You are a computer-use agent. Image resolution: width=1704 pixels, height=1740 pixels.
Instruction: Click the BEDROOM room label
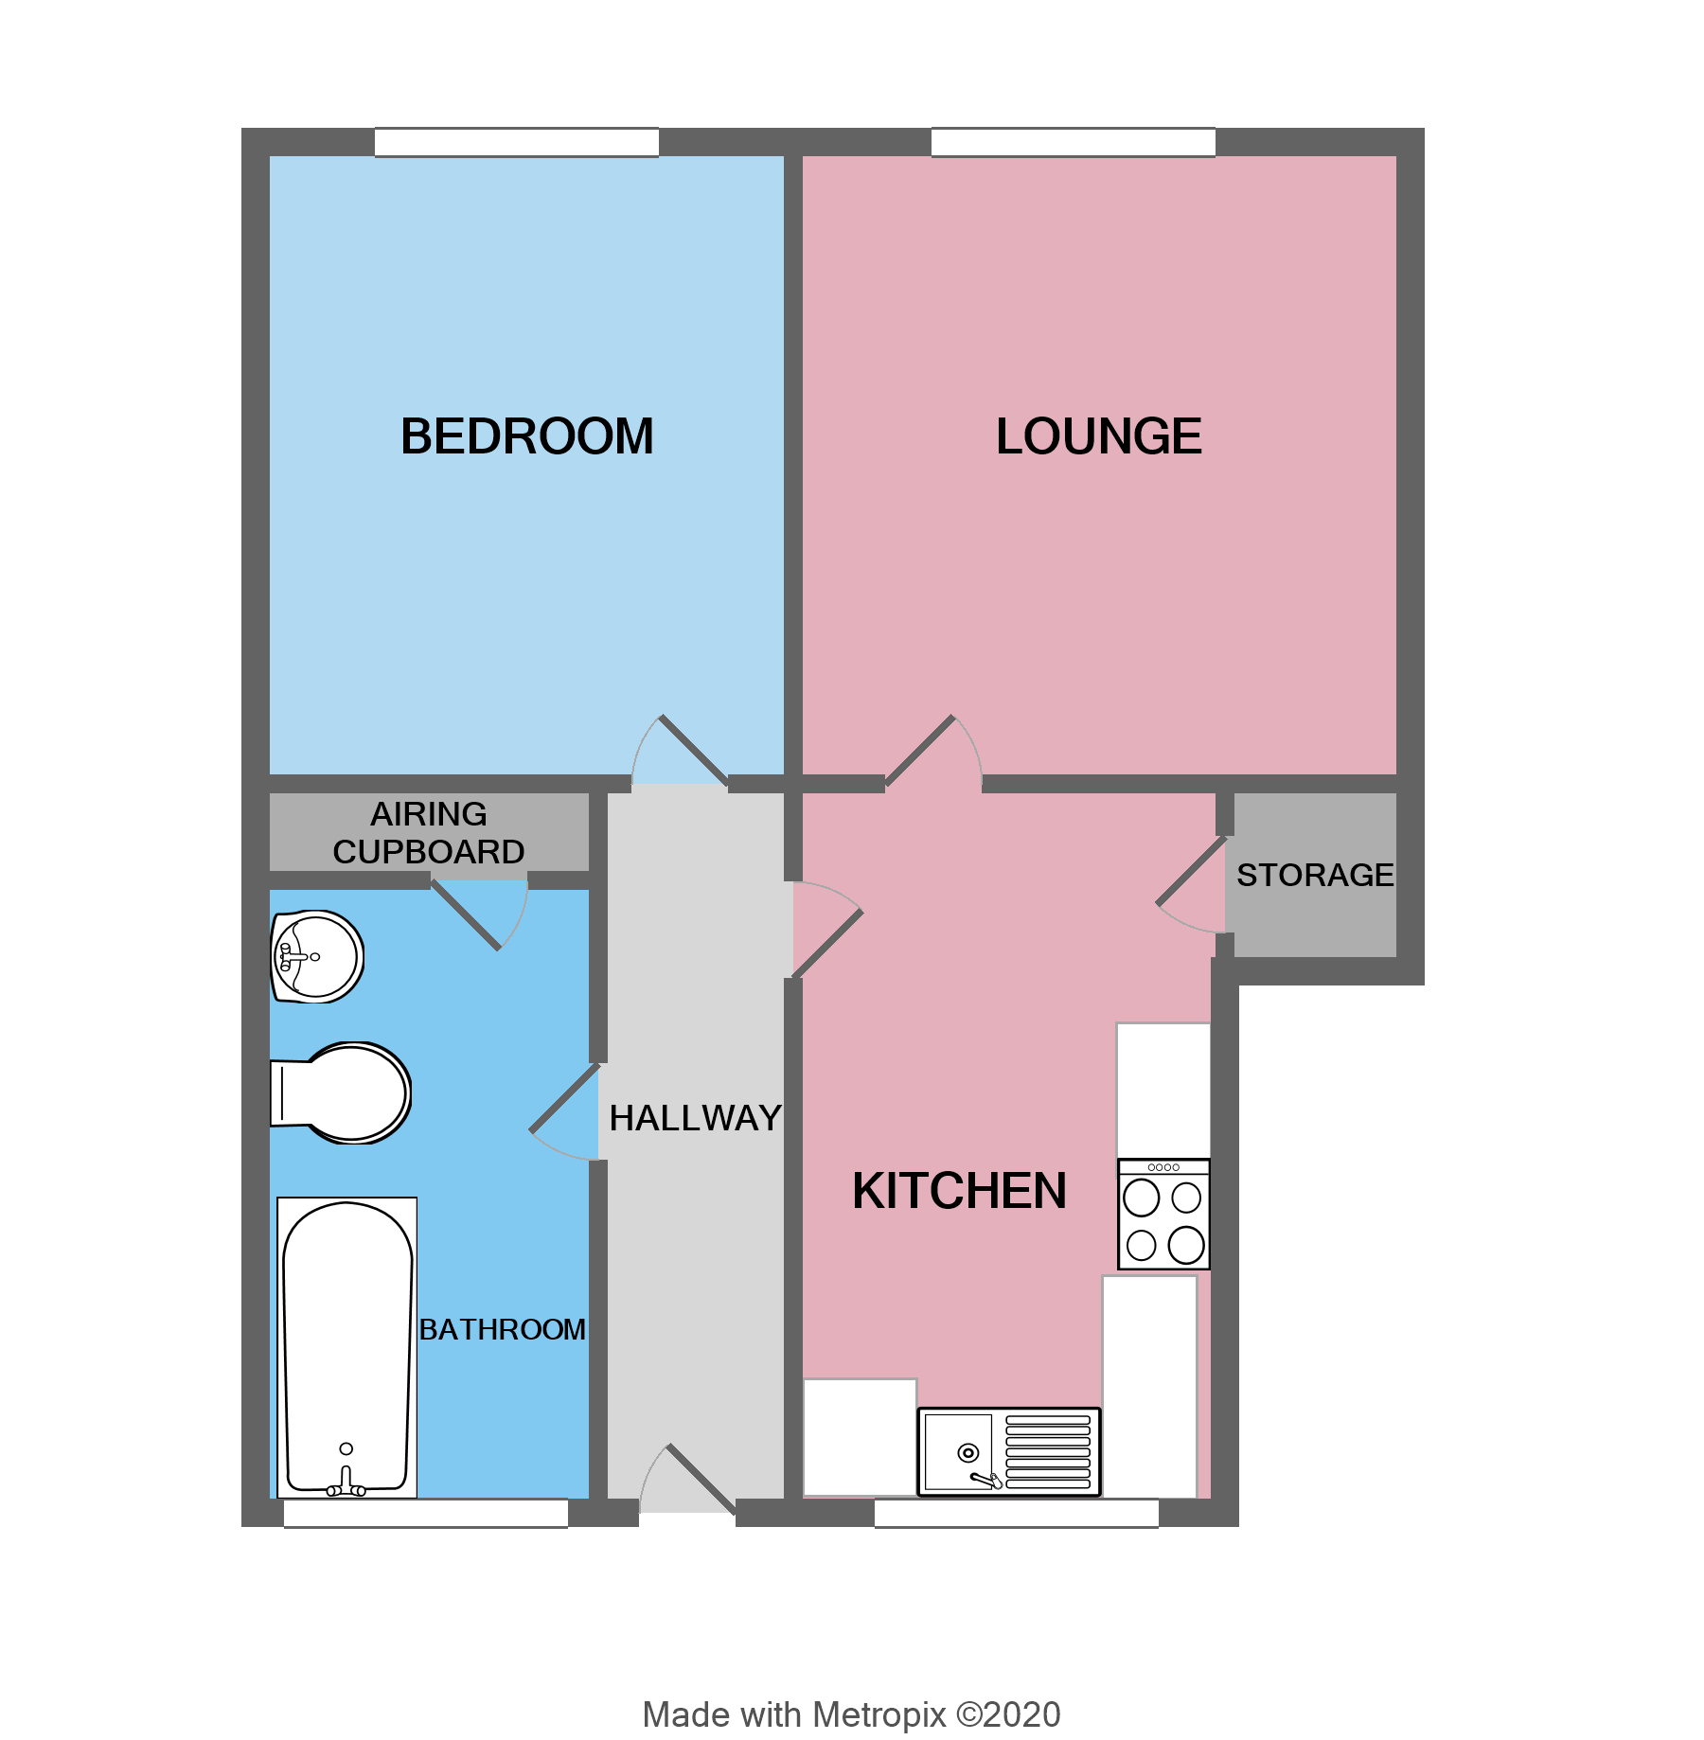pos(526,436)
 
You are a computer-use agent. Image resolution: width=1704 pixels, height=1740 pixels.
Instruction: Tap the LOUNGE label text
pos(1098,436)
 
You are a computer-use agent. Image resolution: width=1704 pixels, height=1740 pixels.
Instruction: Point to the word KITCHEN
pos(959,1190)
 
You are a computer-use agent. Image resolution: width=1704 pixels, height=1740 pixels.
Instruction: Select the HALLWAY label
pos(695,1118)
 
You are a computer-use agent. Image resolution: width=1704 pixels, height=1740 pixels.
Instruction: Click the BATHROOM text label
pos(502,1329)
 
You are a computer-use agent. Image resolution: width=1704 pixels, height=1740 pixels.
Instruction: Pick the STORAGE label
pos(1314,875)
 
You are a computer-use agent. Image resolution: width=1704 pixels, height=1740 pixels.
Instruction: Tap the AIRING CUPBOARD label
pos(429,833)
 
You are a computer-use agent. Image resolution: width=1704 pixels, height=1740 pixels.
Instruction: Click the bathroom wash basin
pos(316,956)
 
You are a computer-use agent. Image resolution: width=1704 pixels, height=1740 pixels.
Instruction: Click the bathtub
pos(347,1346)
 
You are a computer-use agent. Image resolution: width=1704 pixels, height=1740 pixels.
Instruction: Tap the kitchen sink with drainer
pos(1009,1451)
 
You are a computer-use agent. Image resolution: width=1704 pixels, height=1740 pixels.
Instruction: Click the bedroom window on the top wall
pos(516,142)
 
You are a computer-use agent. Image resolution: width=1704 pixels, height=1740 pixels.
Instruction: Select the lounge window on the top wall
pos(1073,142)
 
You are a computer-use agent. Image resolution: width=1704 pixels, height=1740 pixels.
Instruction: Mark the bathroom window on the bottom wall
pos(425,1513)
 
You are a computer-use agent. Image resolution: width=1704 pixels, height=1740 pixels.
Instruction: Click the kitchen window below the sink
pos(1016,1513)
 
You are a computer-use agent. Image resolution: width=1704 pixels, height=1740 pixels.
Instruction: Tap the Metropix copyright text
pos(851,1714)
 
